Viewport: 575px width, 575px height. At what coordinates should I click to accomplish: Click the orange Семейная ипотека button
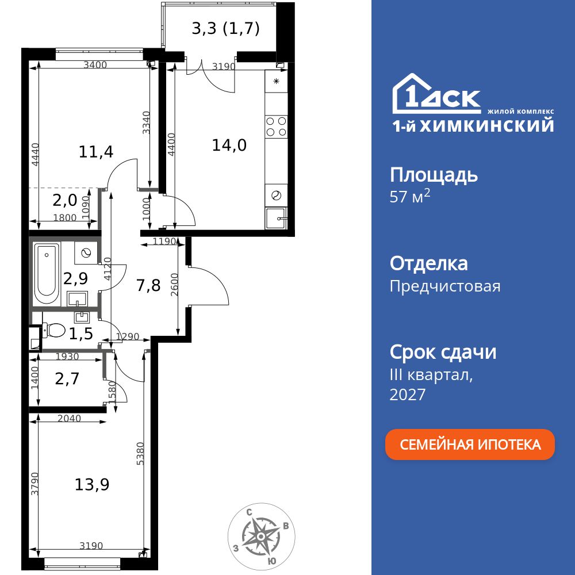tap(470, 444)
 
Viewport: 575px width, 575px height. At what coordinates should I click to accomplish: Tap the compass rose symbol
tap(260, 536)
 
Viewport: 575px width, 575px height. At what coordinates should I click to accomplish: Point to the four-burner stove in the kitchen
tap(276, 126)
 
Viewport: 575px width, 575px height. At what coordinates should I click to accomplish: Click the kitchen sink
tap(277, 218)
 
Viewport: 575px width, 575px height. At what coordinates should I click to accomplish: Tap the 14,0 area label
tap(229, 145)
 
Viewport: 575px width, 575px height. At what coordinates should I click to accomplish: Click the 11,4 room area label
tap(96, 152)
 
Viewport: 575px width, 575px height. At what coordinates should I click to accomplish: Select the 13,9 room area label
tap(92, 485)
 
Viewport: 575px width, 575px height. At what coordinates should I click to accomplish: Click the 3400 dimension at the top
tap(95, 65)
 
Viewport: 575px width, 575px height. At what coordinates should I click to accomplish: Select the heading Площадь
tap(434, 175)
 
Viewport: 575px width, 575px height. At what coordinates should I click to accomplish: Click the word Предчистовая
tap(444, 286)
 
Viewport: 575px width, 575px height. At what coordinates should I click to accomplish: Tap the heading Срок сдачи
tap(443, 352)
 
